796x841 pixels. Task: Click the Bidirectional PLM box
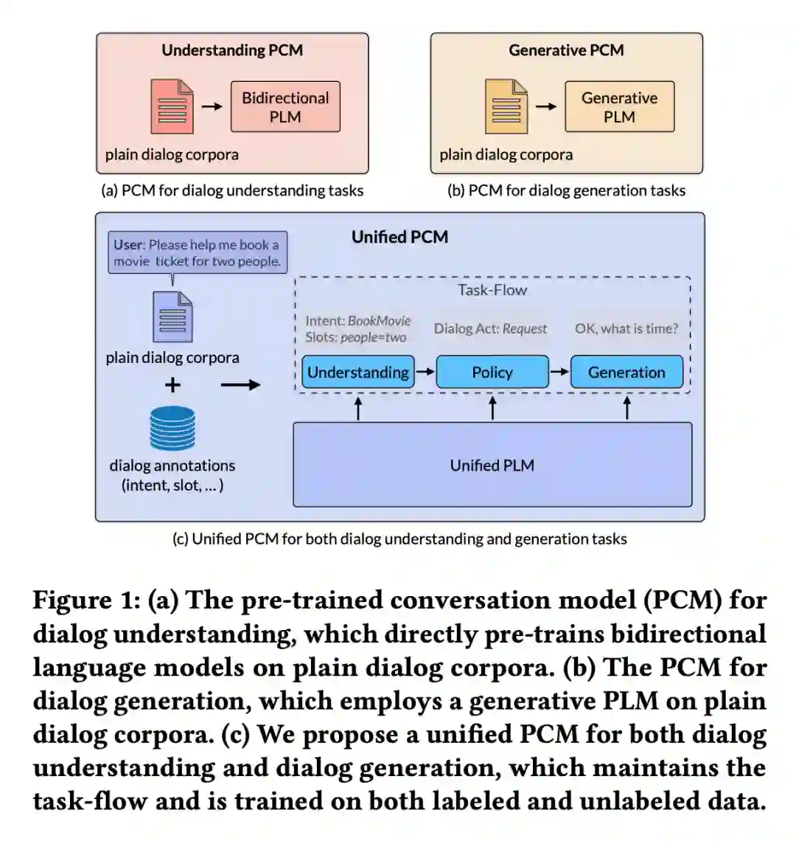[285, 107]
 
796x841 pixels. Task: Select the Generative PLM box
[619, 107]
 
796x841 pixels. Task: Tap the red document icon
[172, 107]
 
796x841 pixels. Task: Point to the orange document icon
[506, 107]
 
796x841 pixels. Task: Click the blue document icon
[172, 317]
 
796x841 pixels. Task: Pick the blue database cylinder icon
[172, 429]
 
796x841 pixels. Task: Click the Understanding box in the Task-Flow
[358, 373]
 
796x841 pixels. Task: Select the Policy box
[492, 373]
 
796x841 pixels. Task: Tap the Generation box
[626, 373]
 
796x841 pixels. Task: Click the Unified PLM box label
[492, 466]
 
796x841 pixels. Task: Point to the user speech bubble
[197, 253]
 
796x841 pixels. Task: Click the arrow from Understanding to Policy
[425, 372]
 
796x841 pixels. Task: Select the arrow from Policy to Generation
[559, 372]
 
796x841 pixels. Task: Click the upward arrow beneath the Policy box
[492, 407]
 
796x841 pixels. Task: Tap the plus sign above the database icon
[172, 384]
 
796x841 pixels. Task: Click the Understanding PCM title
[232, 50]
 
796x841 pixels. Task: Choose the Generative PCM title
[566, 50]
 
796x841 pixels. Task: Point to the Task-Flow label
[492, 290]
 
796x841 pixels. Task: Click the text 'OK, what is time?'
[626, 329]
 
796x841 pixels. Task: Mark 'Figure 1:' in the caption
[86, 601]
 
